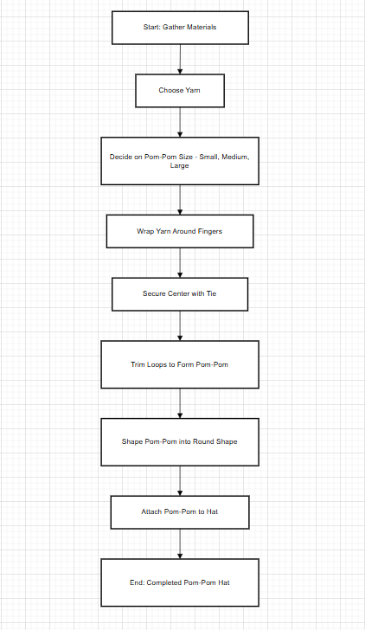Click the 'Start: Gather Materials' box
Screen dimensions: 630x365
(x=180, y=28)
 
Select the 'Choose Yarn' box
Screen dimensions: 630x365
(x=180, y=90)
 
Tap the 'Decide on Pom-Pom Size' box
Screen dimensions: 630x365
(x=180, y=161)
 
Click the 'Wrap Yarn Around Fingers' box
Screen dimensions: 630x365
(x=180, y=232)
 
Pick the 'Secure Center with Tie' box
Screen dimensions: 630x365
(x=180, y=294)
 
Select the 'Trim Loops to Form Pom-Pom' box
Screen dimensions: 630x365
(x=180, y=364)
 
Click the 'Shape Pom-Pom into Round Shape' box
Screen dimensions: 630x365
(x=180, y=441)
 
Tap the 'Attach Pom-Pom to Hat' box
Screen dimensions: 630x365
(x=180, y=511)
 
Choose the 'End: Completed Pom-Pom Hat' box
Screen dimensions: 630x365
(x=180, y=582)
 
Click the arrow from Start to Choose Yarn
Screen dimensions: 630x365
(x=180, y=59)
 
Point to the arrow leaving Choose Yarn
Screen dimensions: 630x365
(x=180, y=122)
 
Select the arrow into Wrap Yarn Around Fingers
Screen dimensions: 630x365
(x=180, y=200)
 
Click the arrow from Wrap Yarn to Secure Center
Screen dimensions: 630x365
(x=180, y=263)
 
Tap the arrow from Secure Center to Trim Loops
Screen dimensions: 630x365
(x=180, y=325)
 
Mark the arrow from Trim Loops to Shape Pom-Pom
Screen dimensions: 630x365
(x=180, y=403)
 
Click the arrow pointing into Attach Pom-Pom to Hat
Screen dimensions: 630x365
(x=180, y=480)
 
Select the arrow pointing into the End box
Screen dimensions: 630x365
(x=180, y=543)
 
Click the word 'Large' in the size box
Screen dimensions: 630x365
(x=180, y=166)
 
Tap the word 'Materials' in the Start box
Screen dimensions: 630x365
(x=200, y=28)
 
